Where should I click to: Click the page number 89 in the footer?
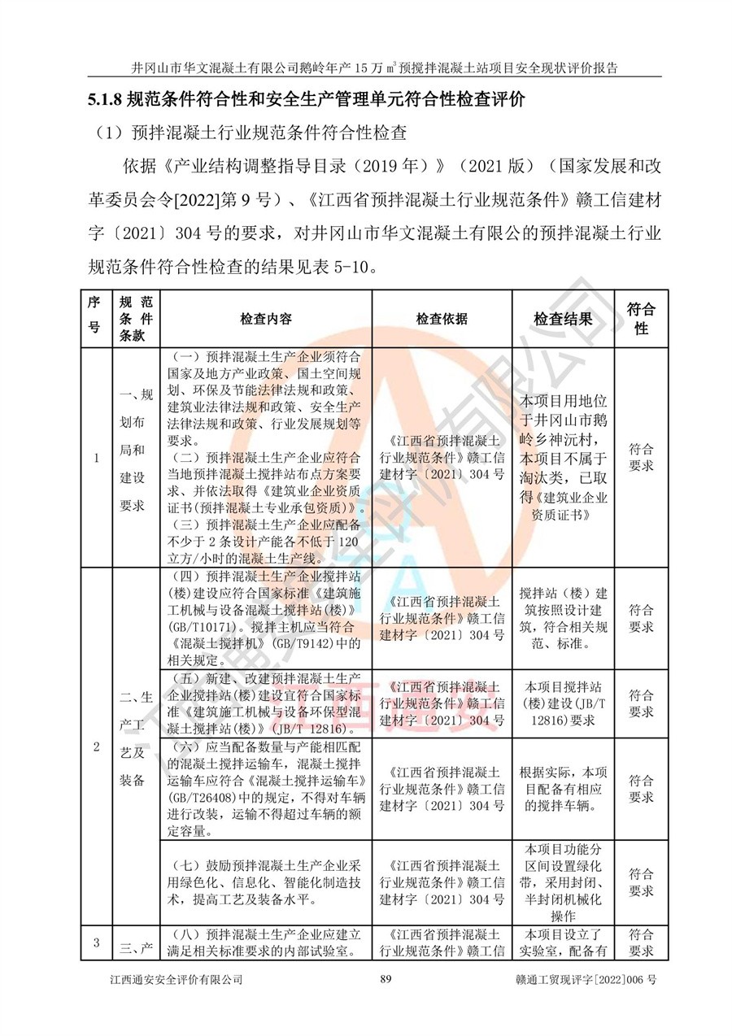386,980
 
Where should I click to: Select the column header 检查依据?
442,319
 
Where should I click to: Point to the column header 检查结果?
563,319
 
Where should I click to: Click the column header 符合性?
641,319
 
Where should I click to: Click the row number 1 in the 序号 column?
96,458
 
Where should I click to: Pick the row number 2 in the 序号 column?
96,747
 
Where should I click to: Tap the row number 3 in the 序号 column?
96,943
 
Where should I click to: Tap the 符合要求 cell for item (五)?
641,703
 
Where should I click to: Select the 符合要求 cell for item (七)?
641,882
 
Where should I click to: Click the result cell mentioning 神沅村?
563,458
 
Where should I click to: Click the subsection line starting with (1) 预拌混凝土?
252,133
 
